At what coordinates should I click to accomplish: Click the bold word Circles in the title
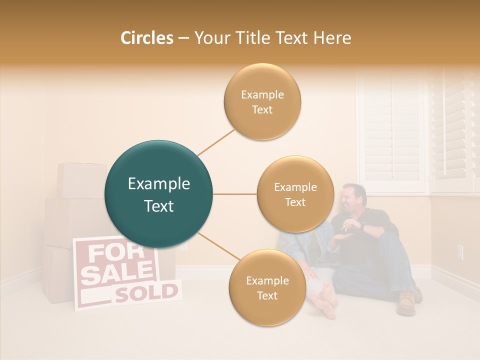pos(147,38)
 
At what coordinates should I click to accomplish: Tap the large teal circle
pos(158,194)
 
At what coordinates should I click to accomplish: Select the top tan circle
pos(262,101)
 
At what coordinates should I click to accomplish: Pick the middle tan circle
pos(295,194)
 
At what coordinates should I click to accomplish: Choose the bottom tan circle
pos(267,287)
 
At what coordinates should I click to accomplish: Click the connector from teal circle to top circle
pos(216,142)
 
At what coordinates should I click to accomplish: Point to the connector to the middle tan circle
pos(234,194)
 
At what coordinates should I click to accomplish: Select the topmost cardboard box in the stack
pos(81,180)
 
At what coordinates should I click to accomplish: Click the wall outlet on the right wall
pos(460,252)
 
